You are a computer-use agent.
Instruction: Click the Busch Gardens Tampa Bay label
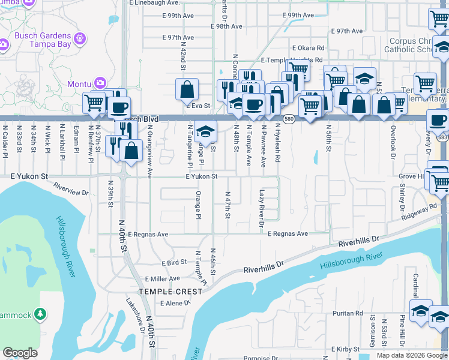pyautogui.click(x=42, y=40)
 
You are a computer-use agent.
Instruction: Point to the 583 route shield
pyautogui.click(x=444, y=137)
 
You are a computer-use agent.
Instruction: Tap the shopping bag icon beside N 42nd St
pyautogui.click(x=187, y=90)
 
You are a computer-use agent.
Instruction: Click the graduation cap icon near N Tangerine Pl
pyautogui.click(x=205, y=131)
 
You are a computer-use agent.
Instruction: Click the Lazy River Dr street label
pyautogui.click(x=262, y=209)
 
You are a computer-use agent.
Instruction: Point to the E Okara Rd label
pyautogui.click(x=308, y=48)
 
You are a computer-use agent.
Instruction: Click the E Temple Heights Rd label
pyautogui.click(x=292, y=61)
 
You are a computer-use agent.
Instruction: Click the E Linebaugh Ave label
pyautogui.click(x=155, y=4)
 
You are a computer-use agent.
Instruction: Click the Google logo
pyautogui.click(x=20, y=353)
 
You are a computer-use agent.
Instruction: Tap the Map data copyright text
pyautogui.click(x=411, y=355)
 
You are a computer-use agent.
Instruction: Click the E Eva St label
pyautogui.click(x=200, y=106)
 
